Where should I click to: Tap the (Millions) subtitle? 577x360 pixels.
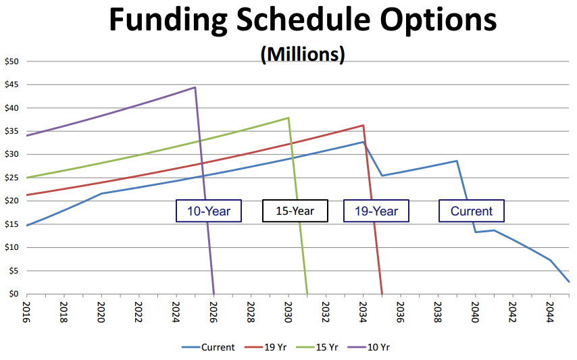(302, 55)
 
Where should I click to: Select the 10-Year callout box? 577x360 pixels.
(209, 211)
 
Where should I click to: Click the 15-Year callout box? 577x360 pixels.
(295, 211)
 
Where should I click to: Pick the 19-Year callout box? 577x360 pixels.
(376, 211)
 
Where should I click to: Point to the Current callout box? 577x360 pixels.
(472, 211)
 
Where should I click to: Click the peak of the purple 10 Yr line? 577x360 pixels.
(195, 87)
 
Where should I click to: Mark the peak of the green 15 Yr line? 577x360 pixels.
(288, 118)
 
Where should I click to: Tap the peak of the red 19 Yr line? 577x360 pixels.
(363, 125)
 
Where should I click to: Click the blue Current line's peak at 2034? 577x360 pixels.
(363, 142)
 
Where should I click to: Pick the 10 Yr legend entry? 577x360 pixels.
(370, 347)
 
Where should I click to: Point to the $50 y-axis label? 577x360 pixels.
(13, 61)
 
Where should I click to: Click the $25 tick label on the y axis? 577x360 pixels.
(13, 178)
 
